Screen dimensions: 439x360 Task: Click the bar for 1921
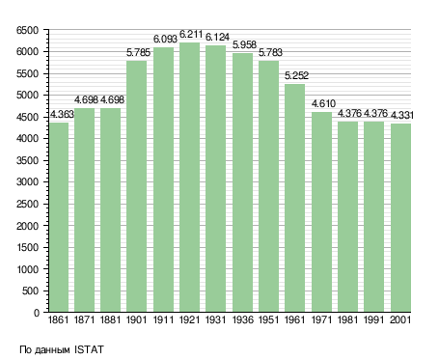click(x=189, y=178)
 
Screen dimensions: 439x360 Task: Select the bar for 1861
click(x=59, y=217)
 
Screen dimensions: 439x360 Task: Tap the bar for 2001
click(x=400, y=218)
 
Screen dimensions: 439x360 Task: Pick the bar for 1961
click(x=295, y=198)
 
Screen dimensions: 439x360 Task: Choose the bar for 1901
click(x=136, y=186)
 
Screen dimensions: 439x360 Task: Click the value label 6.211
click(x=191, y=34)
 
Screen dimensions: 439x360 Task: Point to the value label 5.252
click(x=296, y=75)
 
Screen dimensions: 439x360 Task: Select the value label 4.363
click(x=62, y=114)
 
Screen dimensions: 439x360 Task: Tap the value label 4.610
click(x=323, y=103)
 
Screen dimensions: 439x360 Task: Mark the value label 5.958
click(x=244, y=44)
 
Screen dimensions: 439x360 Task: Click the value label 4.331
click(x=402, y=115)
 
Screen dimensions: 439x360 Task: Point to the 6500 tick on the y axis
click(x=27, y=31)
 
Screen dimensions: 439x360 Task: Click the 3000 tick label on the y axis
click(x=27, y=182)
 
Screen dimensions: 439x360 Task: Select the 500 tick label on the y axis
click(x=30, y=291)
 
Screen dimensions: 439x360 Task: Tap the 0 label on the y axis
click(x=37, y=313)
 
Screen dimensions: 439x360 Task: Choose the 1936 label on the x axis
click(x=242, y=320)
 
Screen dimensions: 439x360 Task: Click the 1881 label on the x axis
click(x=110, y=320)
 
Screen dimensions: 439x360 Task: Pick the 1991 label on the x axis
click(x=374, y=320)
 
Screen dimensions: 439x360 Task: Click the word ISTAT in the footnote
click(x=89, y=349)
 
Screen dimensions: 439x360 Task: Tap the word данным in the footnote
click(x=52, y=350)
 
